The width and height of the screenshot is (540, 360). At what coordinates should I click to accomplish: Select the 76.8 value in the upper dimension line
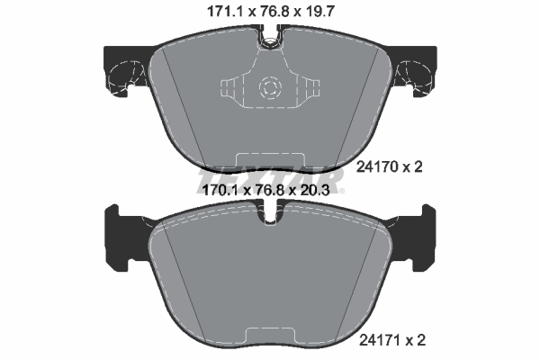coord(269,12)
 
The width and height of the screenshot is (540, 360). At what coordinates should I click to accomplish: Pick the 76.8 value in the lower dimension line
coord(269,191)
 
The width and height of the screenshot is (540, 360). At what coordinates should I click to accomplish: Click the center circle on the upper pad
coord(269,88)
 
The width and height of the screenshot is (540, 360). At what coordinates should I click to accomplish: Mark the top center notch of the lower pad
coord(269,217)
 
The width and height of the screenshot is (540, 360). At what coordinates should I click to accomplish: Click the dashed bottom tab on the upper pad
coord(269,160)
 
